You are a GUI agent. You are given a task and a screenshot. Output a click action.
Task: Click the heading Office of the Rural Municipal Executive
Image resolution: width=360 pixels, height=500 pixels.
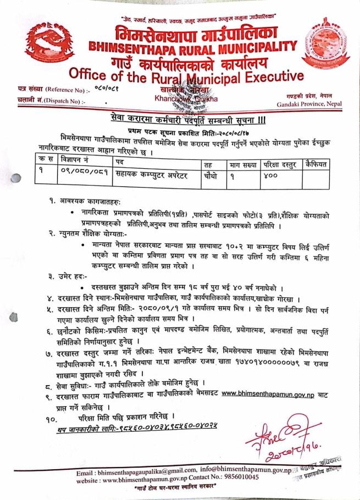186,74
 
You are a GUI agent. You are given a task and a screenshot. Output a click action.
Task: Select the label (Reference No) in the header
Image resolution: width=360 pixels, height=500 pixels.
57,88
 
